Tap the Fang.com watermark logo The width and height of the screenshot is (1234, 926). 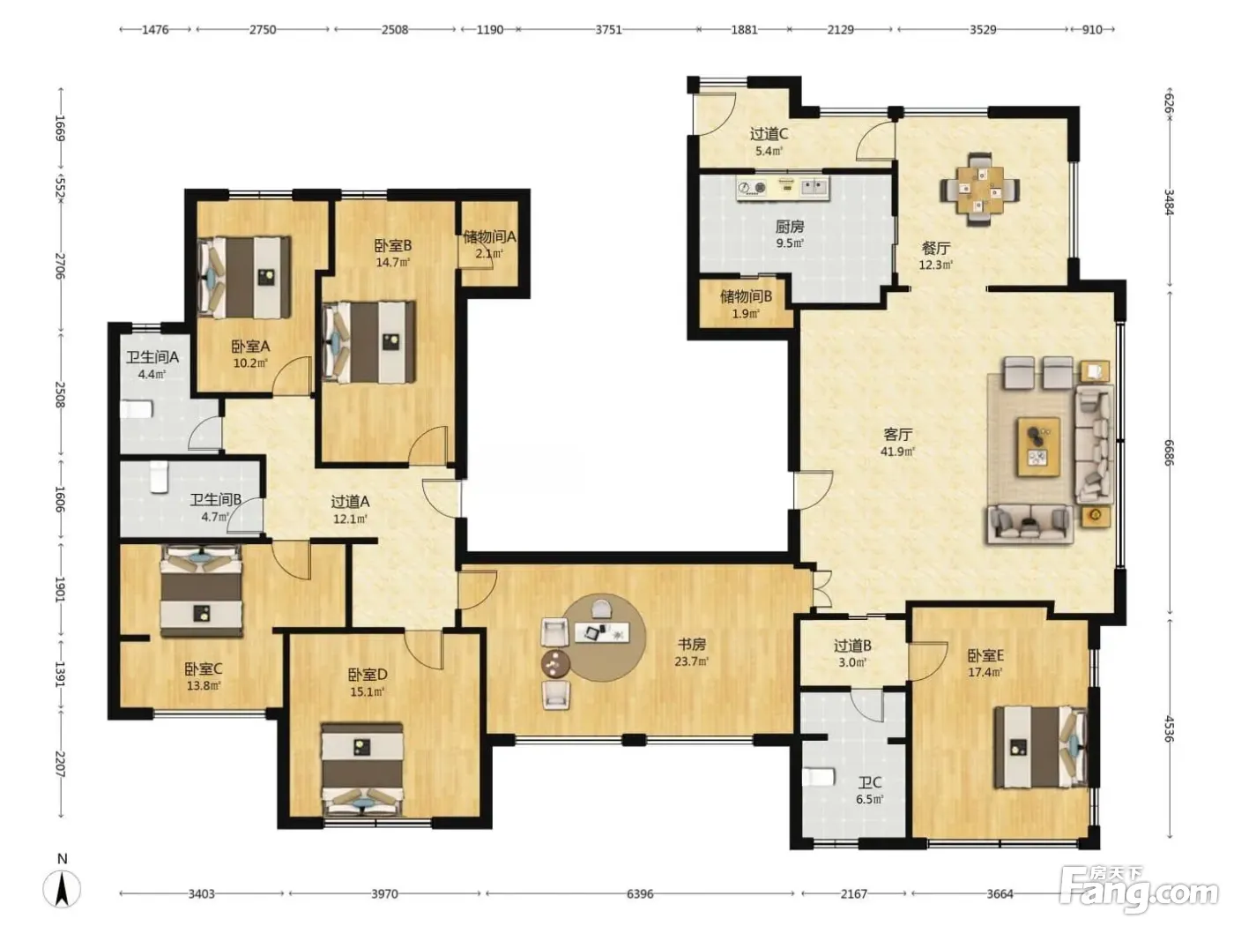pos(1140,893)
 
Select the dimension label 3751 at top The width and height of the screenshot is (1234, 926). pos(609,30)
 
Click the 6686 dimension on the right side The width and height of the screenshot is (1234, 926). pos(1170,453)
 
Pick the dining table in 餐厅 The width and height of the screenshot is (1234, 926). pos(981,190)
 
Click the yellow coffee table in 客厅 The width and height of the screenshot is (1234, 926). pos(1038,447)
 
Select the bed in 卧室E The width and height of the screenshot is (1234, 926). pos(1040,747)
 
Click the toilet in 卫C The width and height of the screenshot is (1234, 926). pos(819,778)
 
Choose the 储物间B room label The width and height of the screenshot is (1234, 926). pos(746,295)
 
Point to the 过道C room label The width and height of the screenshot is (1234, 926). pos(769,134)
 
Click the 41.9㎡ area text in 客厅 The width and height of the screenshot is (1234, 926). pos(898,451)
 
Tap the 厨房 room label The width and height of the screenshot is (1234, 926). pos(789,227)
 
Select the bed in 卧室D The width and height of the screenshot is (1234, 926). pos(362,768)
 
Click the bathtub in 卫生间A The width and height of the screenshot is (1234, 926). pos(136,408)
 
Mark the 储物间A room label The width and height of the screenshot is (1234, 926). pos(489,236)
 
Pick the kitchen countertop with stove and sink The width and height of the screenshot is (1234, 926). pos(783,188)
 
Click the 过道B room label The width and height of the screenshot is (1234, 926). pos(852,646)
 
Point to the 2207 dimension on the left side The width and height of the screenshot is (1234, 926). pos(60,765)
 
